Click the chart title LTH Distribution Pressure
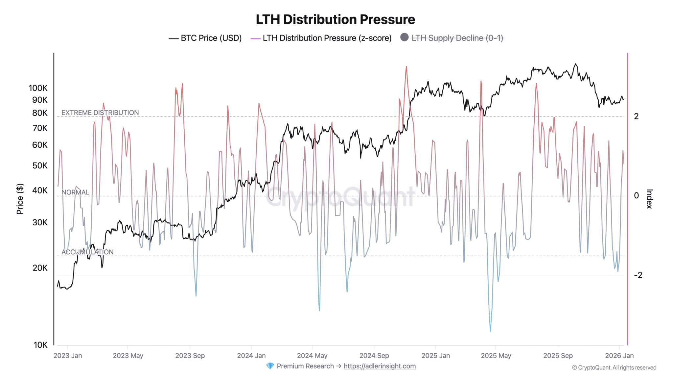(x=335, y=20)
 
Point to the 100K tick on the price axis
(x=38, y=88)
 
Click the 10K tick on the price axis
(x=40, y=345)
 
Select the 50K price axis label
(x=40, y=165)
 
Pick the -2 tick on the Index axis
(x=638, y=275)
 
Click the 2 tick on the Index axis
(x=637, y=116)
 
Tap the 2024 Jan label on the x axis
(x=251, y=356)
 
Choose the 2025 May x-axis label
(x=496, y=356)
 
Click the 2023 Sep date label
(x=190, y=356)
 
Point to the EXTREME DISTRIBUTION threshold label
(x=100, y=113)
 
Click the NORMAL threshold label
(x=75, y=192)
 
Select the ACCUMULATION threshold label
(x=87, y=252)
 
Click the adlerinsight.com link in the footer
(x=380, y=366)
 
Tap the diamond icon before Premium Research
(x=270, y=366)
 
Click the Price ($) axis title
(x=20, y=199)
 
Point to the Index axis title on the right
(x=649, y=199)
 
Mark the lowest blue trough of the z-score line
(x=490, y=331)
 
